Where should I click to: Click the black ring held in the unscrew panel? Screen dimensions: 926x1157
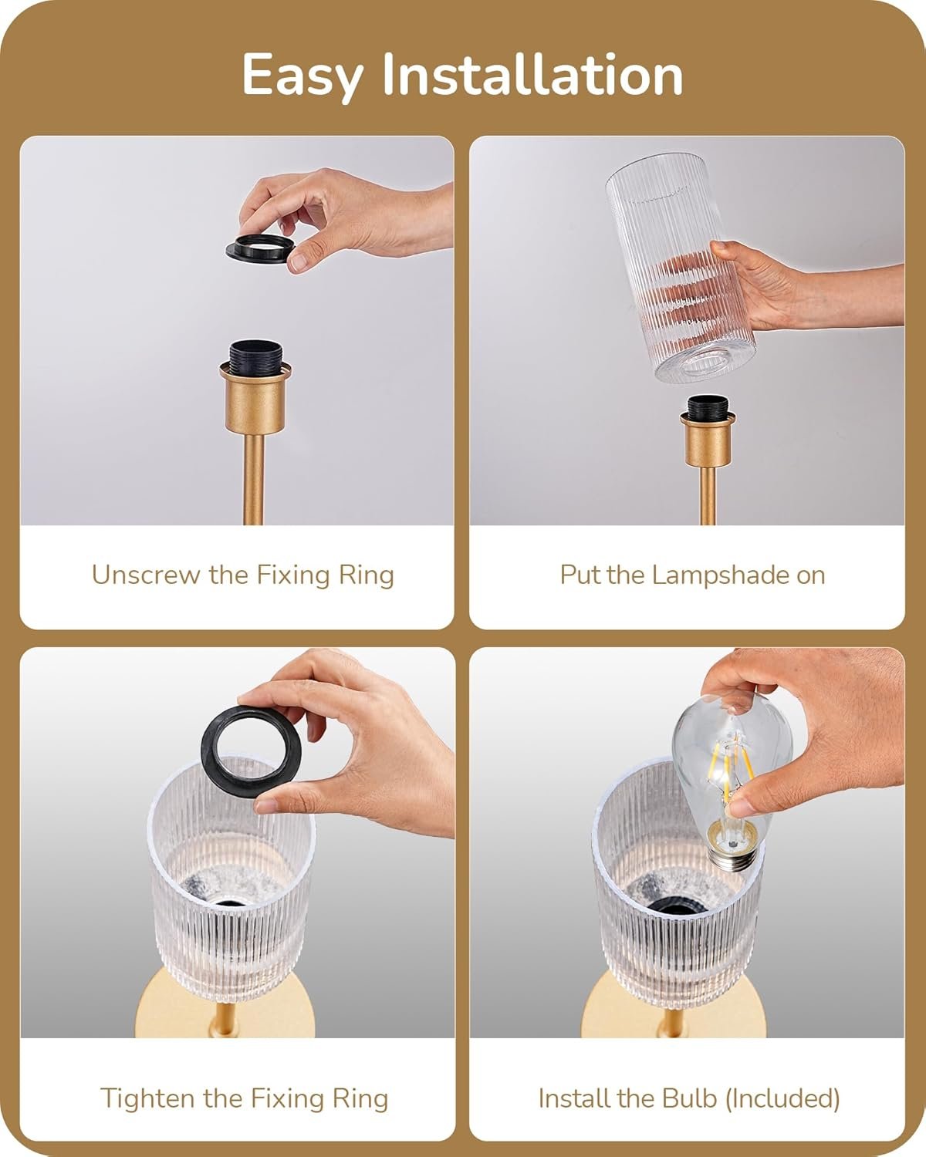tap(260, 248)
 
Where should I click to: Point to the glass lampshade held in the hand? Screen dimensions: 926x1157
tap(679, 267)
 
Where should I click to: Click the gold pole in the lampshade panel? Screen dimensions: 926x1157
tap(708, 495)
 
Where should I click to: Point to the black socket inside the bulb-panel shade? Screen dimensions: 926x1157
tap(676, 906)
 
